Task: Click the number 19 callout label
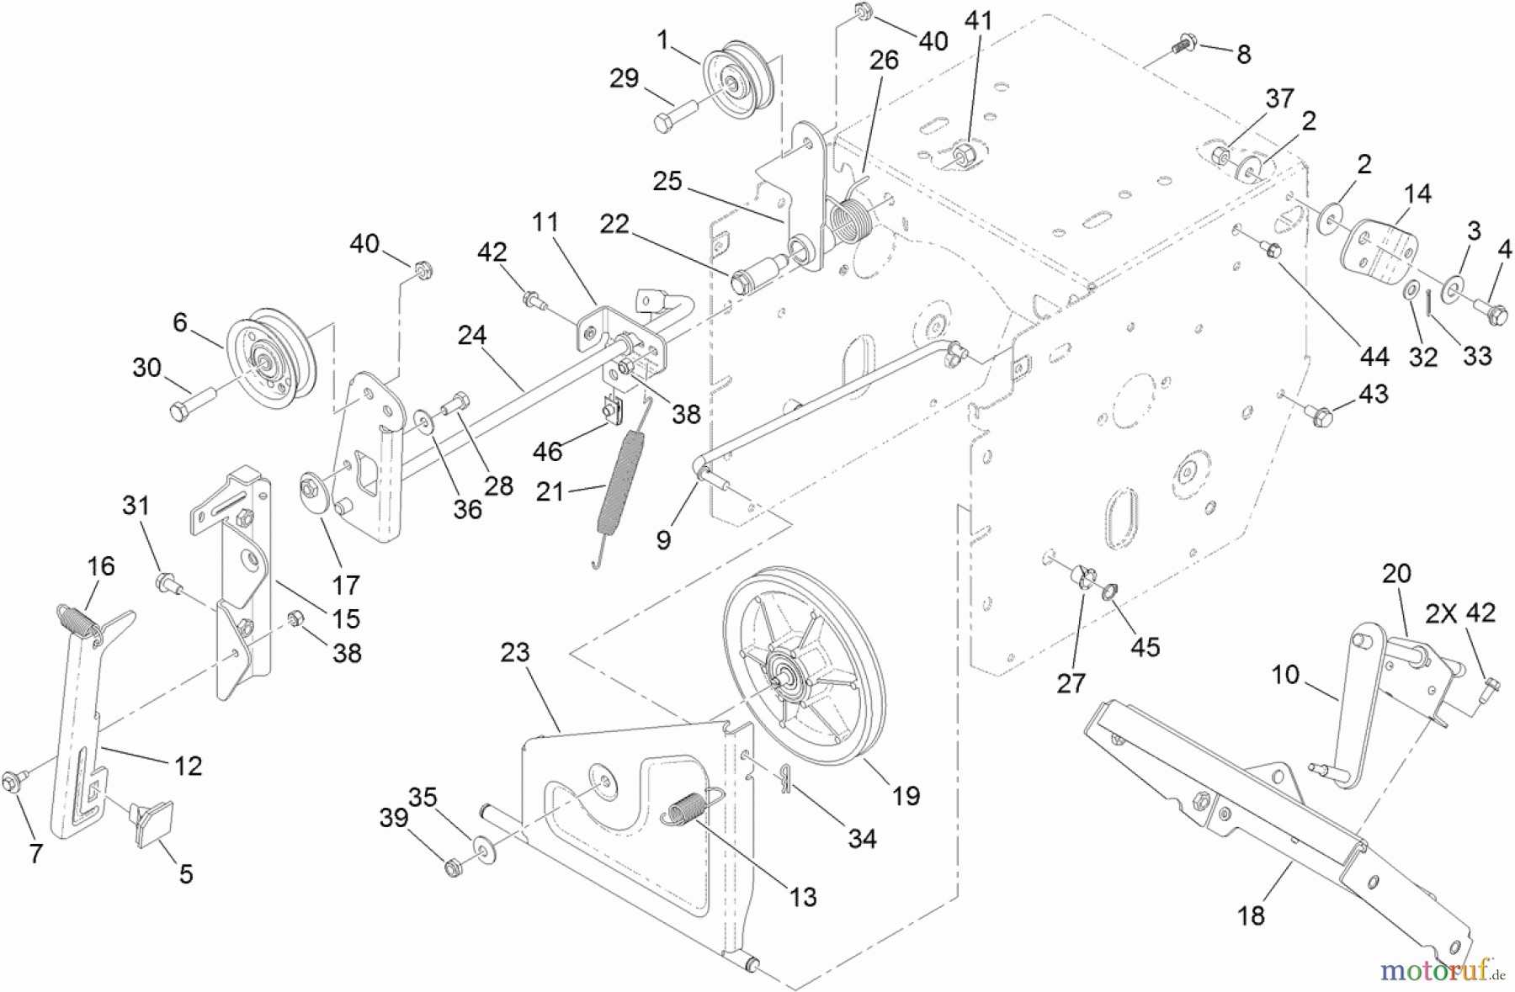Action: (906, 795)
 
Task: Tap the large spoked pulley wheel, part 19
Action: (795, 665)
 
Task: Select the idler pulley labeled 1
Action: (732, 84)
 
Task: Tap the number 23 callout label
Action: (515, 652)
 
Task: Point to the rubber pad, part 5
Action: (152, 823)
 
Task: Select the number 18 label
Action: (1251, 915)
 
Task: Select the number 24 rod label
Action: (472, 335)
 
